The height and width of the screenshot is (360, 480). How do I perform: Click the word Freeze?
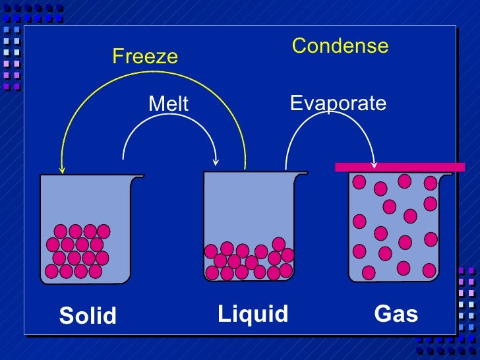click(145, 56)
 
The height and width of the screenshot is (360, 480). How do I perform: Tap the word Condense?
click(340, 46)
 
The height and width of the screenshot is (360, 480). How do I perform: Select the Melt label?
click(168, 104)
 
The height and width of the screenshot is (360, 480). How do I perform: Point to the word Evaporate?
click(338, 103)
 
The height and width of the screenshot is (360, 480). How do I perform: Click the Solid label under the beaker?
click(88, 316)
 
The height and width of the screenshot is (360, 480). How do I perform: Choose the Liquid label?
click(253, 314)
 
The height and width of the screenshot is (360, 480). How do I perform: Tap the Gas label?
click(396, 314)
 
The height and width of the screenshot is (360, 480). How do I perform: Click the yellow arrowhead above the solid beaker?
click(62, 169)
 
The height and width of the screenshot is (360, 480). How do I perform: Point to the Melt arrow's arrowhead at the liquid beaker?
click(216, 162)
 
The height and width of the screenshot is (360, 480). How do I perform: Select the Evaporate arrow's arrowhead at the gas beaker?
click(374, 164)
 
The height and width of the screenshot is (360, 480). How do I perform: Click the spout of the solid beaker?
click(139, 177)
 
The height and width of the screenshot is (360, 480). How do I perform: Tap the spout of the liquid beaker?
click(303, 174)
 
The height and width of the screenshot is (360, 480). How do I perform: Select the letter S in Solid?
click(66, 316)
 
